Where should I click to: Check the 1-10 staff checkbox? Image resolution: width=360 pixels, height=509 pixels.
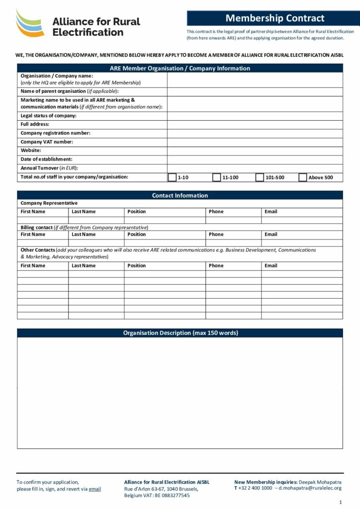172,177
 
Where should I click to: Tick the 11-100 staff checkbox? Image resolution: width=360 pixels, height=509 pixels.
216,177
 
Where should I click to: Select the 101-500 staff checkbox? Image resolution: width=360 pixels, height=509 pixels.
260,177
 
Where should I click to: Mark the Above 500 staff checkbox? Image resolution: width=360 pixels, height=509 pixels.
303,177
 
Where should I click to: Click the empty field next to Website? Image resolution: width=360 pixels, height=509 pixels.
255,151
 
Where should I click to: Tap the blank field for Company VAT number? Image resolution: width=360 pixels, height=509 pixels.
255,142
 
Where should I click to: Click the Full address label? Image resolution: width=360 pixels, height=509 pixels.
35,124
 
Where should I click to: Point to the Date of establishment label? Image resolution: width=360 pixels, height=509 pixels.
46,160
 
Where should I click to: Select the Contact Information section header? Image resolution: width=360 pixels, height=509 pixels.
180,195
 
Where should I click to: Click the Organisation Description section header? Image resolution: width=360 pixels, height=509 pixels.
180,333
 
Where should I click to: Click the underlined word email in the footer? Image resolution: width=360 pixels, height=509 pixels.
95,489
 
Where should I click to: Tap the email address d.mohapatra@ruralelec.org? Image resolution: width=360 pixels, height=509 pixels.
310,489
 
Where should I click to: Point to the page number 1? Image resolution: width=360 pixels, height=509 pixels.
340,502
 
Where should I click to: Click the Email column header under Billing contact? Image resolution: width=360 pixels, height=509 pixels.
271,235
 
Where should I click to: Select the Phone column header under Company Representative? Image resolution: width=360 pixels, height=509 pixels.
216,212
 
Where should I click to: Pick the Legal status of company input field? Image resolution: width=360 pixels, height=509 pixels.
255,116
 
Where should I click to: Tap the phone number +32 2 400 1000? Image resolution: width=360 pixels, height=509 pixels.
255,489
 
